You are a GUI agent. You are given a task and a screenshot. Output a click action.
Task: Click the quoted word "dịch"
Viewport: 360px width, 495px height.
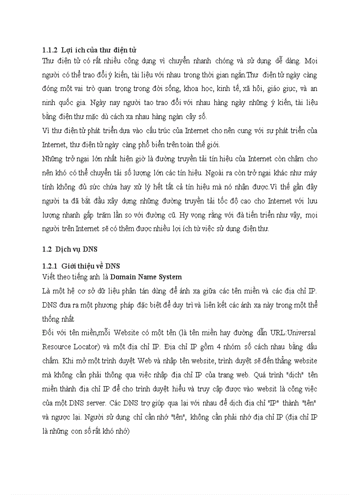(x=287, y=375)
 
